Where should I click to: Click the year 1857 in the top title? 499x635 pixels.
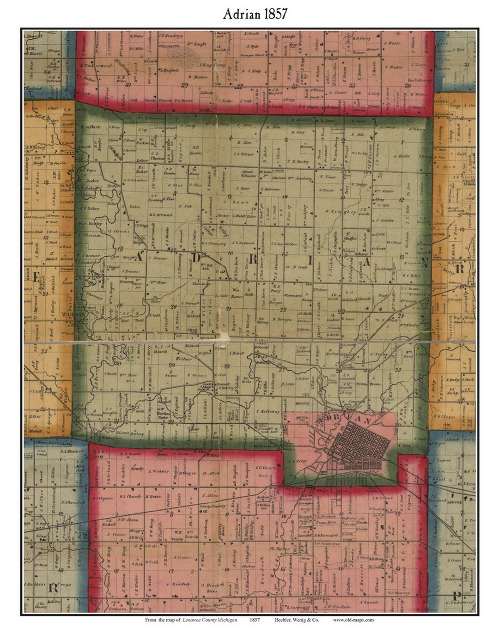276,14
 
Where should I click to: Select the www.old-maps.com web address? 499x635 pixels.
353,620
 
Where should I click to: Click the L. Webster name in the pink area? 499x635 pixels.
160,471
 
